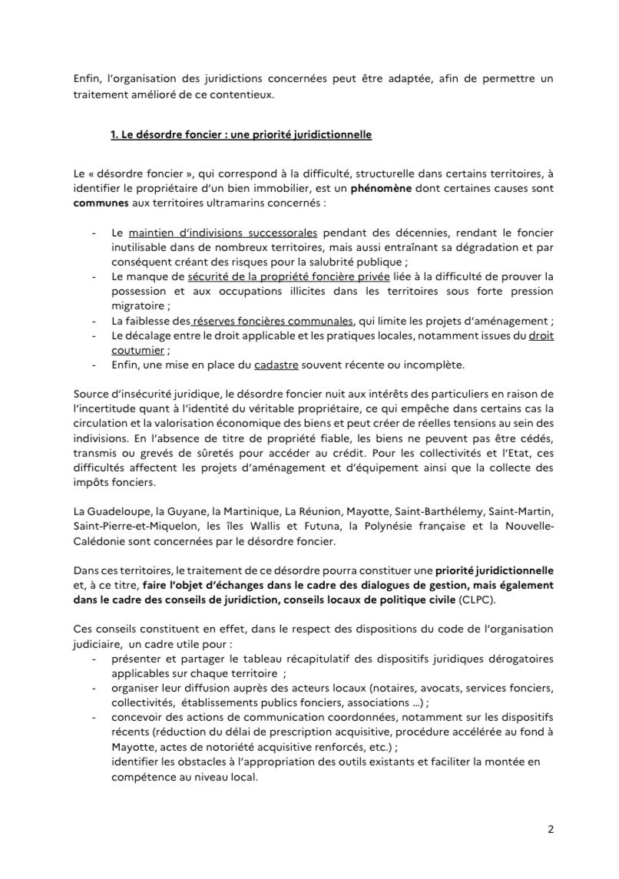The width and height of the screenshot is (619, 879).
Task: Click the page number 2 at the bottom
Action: [551, 829]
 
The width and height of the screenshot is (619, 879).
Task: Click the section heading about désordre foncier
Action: [241, 135]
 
